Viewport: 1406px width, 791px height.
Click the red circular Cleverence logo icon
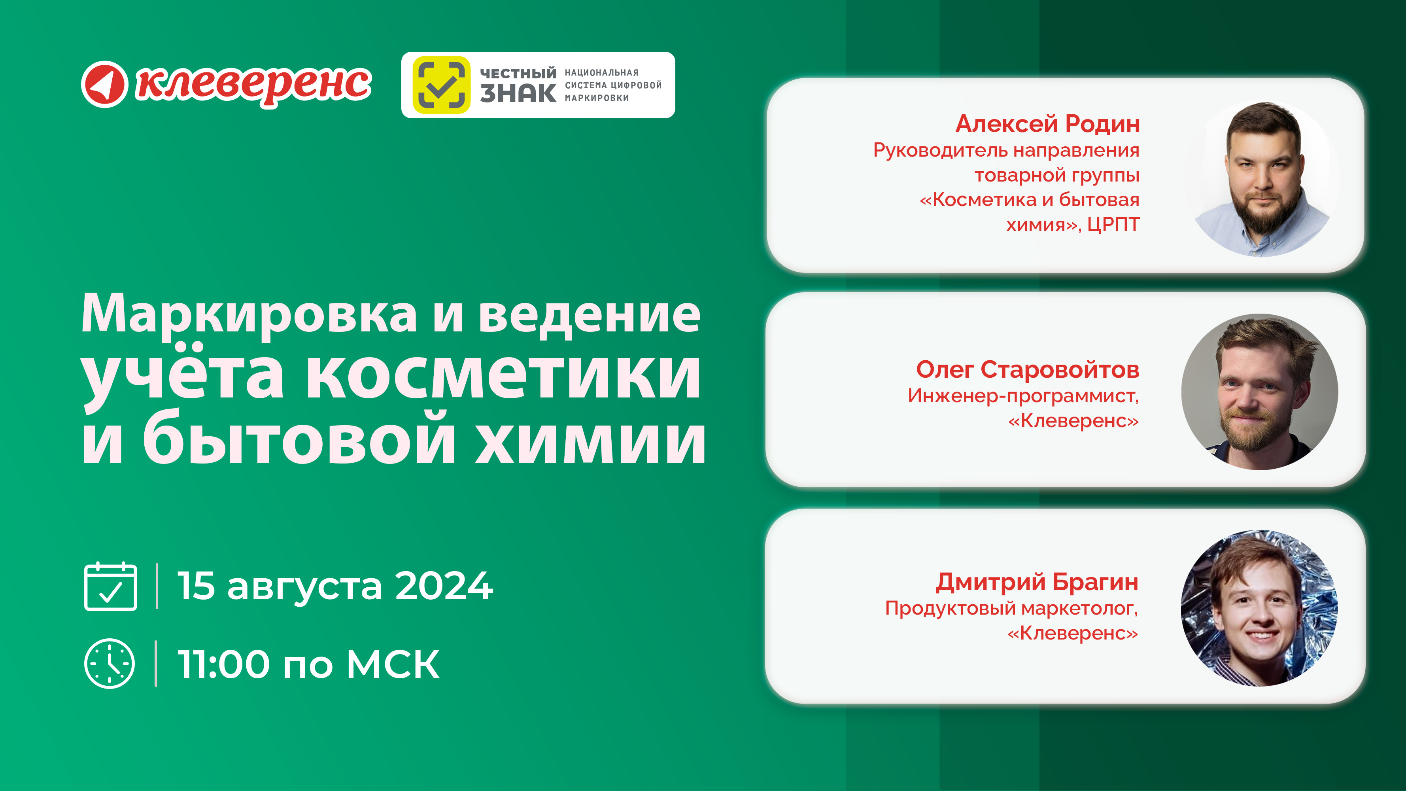coord(104,84)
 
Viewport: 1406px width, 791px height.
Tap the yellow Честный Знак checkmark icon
coord(441,85)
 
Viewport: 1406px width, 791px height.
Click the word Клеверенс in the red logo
coord(254,85)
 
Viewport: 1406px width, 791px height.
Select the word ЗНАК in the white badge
coord(518,93)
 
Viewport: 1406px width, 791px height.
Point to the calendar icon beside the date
coord(111,586)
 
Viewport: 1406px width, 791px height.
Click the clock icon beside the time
coord(110,663)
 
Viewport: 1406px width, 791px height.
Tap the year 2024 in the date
coord(444,586)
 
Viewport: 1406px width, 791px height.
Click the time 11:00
coord(224,664)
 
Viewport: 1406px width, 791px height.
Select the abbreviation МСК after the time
coord(393,664)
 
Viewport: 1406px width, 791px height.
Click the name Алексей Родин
coord(1047,124)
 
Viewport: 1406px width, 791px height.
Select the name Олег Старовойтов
coord(1027,369)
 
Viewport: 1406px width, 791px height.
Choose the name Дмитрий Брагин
coord(1037,582)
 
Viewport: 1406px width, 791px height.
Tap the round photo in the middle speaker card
coord(1260,392)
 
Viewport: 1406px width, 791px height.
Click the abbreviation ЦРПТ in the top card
coord(1113,224)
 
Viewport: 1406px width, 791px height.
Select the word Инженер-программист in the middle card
coord(1023,396)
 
